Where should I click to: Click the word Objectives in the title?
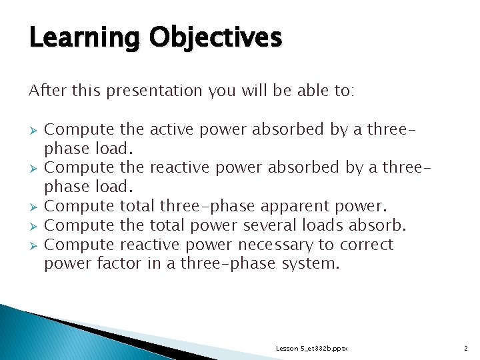[x=215, y=38]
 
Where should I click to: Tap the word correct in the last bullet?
[x=369, y=245]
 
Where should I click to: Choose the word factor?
[x=120, y=264]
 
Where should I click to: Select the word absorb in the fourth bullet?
[x=382, y=225]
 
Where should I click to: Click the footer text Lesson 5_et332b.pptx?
[x=311, y=349]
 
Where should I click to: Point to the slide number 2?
[x=465, y=349]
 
